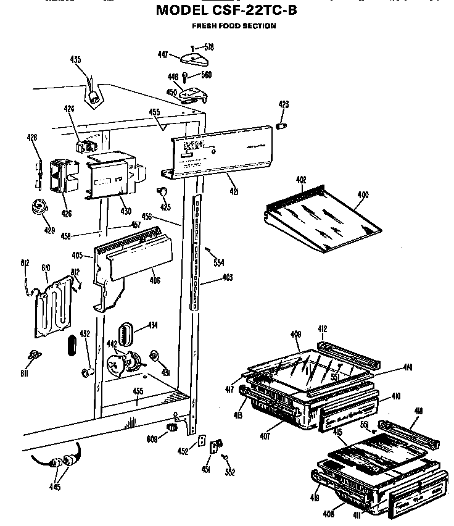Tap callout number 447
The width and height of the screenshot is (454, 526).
[163, 55]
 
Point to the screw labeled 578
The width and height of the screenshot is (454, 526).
[194, 47]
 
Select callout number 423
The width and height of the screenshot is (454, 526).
[284, 105]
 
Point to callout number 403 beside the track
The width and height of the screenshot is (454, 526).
[227, 278]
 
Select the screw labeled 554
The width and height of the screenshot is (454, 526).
[209, 250]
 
